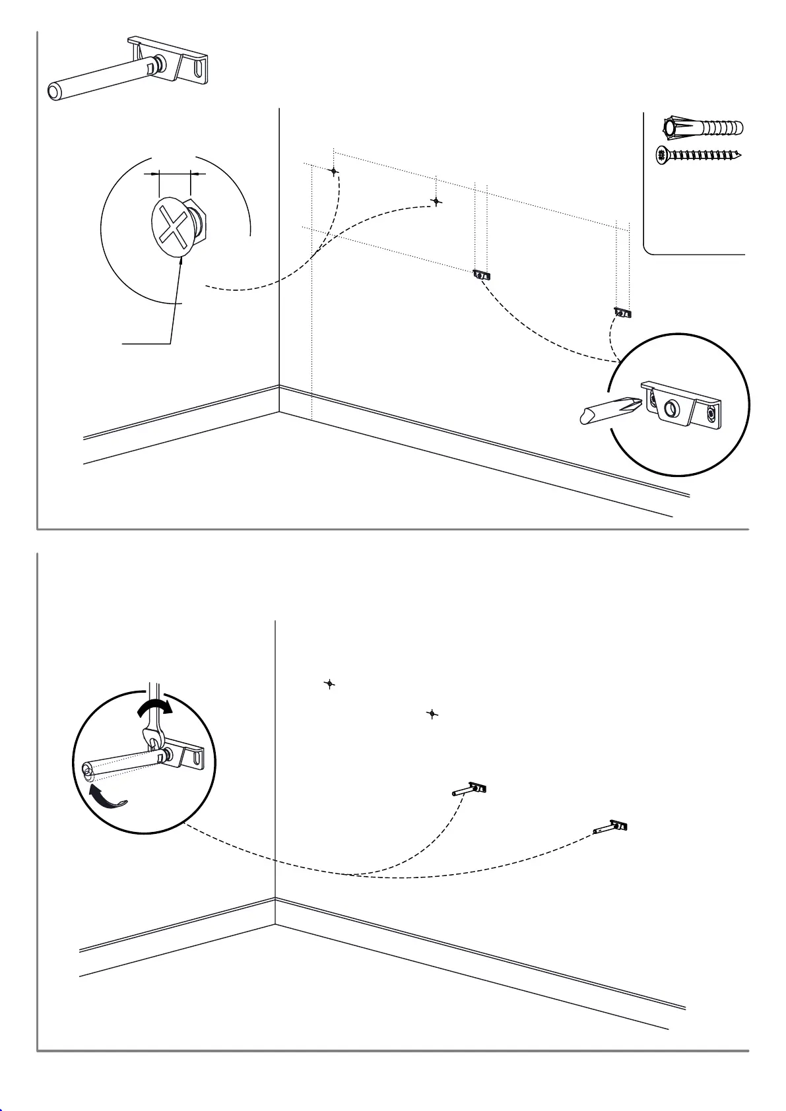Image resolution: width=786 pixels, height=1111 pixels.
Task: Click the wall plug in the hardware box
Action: [703, 127]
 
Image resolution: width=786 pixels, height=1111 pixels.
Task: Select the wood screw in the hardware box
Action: [700, 156]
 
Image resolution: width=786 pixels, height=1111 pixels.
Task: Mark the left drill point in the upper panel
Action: [334, 171]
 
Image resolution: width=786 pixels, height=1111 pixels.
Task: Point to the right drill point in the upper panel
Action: [436, 201]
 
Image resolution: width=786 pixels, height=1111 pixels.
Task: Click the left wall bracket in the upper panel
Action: [482, 274]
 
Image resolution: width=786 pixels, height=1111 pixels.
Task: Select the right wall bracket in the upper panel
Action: [622, 312]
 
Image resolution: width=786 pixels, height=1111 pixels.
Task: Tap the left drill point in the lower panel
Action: [329, 684]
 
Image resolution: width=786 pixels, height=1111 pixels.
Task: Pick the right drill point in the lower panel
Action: [432, 714]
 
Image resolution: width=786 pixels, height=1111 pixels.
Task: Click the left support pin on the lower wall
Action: [469, 789]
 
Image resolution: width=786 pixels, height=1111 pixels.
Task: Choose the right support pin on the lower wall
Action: [610, 827]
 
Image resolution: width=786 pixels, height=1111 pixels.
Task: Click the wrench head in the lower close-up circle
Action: [152, 738]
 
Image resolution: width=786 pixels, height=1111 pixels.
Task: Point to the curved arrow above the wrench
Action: [154, 708]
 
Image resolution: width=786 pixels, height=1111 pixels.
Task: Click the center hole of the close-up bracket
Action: [672, 408]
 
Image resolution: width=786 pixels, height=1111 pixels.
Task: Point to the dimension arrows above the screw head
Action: [174, 174]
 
